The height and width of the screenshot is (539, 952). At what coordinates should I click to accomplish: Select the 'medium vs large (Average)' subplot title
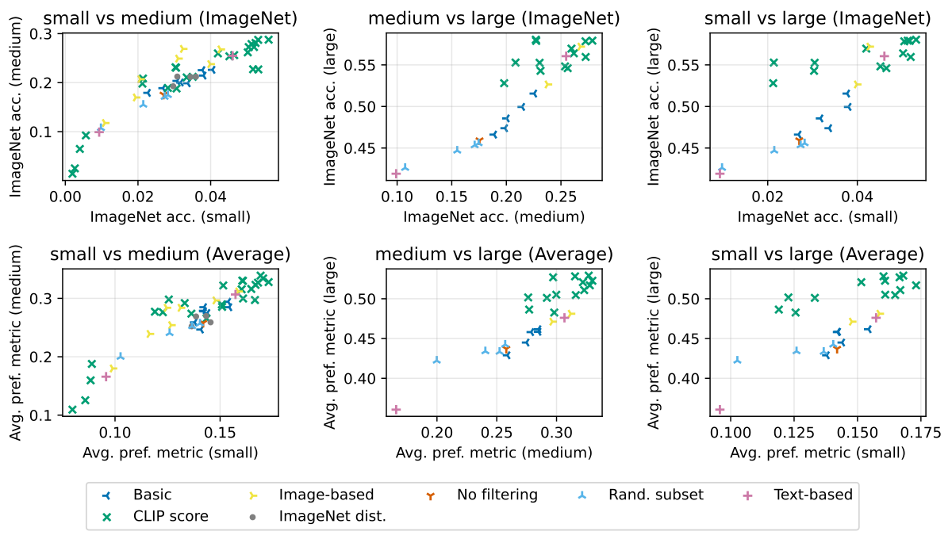493,254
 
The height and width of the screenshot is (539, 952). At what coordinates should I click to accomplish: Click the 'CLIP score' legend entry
171,516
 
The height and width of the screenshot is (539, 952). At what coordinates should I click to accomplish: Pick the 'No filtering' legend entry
497,495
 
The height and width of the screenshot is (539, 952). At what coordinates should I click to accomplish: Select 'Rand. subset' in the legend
655,495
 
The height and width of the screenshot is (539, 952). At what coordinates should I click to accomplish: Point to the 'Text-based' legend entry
812,495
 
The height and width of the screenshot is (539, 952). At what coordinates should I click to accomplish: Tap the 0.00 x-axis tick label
65,195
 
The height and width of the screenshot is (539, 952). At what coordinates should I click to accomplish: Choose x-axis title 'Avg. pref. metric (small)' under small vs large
818,453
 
